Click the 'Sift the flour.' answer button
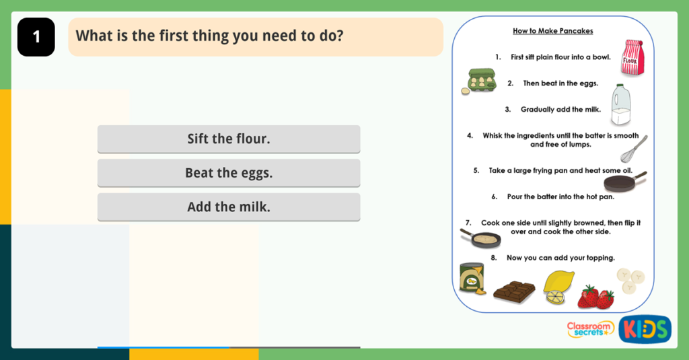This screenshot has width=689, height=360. click(x=229, y=139)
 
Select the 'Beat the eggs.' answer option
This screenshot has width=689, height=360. click(x=229, y=173)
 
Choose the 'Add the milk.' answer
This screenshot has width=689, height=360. click(x=229, y=207)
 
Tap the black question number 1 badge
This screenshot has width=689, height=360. click(x=36, y=37)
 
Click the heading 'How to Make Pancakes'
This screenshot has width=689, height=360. click(x=552, y=31)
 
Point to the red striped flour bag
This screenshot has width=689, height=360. click(x=632, y=57)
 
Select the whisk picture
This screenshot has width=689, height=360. click(x=634, y=149)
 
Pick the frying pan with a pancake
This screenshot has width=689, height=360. click(x=482, y=238)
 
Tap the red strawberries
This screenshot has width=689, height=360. click(x=596, y=297)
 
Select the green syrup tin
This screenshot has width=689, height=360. click(x=472, y=277)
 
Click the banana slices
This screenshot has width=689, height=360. click(x=631, y=280)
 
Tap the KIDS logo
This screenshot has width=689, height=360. click(x=645, y=329)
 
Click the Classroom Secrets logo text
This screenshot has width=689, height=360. click(x=590, y=329)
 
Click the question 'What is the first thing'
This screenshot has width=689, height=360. click(x=209, y=36)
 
